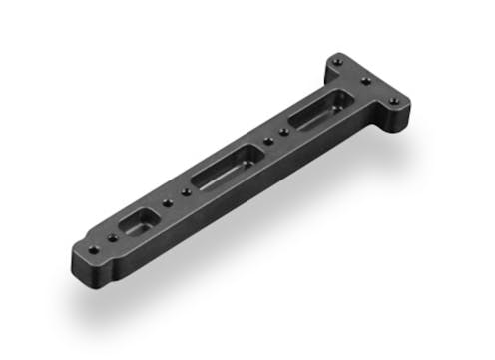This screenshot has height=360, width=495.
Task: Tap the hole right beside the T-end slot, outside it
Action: click(x=286, y=131)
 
